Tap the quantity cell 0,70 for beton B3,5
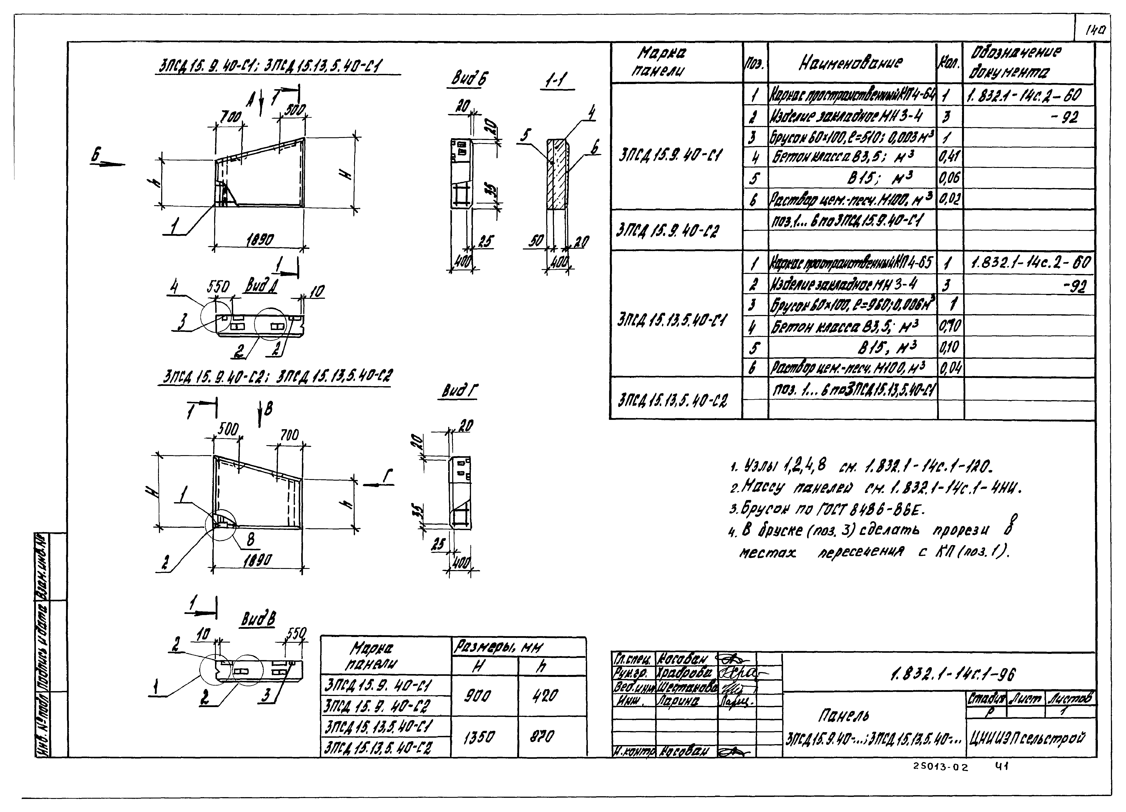tap(950, 326)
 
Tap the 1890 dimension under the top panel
tap(260, 240)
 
